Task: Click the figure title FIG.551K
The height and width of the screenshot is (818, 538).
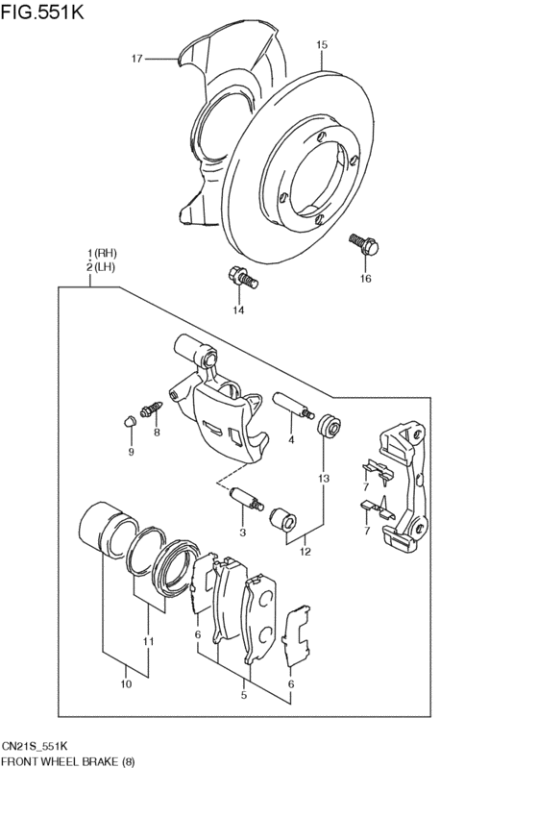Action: (42, 12)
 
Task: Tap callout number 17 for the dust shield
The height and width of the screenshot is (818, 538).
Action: (136, 59)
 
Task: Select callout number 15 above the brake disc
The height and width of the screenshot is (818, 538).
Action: (322, 45)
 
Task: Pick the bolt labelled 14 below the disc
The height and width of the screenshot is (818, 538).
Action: (243, 277)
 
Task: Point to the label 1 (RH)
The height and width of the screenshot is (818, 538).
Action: (102, 254)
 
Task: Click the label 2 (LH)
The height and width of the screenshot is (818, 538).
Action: (102, 267)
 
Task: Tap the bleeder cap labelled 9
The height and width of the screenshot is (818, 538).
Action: (130, 421)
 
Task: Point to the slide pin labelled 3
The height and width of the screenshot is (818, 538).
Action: (247, 500)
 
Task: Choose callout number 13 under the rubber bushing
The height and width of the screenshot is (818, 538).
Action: (324, 479)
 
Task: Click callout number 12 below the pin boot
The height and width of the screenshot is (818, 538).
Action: (305, 552)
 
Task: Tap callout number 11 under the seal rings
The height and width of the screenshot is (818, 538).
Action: (149, 641)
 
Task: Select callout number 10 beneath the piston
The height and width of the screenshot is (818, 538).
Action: (126, 684)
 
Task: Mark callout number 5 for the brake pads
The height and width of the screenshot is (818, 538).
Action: (243, 694)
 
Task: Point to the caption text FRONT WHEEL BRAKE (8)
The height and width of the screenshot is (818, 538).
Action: (68, 761)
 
